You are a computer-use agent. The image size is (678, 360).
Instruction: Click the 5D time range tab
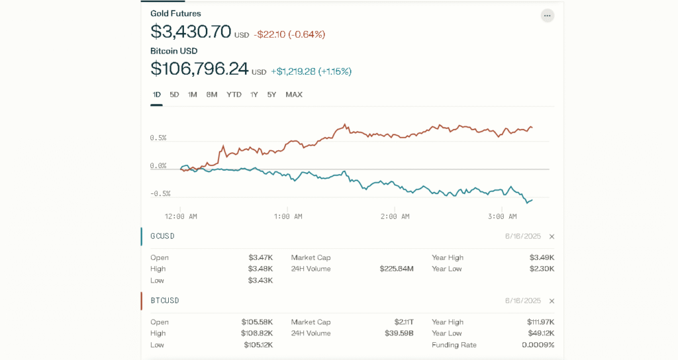pyautogui.click(x=174, y=95)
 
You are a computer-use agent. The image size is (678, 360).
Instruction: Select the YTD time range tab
pyautogui.click(x=234, y=95)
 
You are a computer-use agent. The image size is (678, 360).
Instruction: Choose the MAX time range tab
pyautogui.click(x=294, y=95)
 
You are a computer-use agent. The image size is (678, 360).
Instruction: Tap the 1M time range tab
pyautogui.click(x=193, y=95)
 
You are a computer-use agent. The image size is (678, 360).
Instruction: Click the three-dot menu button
pyautogui.click(x=547, y=15)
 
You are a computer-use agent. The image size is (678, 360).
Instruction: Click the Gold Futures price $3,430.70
pyautogui.click(x=191, y=32)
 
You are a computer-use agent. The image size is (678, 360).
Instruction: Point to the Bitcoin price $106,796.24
pyautogui.click(x=199, y=69)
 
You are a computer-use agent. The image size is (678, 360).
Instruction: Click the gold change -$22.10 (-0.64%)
pyautogui.click(x=289, y=34)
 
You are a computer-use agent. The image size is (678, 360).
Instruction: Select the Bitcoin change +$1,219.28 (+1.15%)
pyautogui.click(x=311, y=71)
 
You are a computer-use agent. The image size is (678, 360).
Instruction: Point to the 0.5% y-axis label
pyautogui.click(x=158, y=138)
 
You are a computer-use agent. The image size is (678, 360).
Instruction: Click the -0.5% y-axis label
pyautogui.click(x=160, y=194)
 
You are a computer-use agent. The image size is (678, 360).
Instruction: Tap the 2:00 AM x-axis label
pyautogui.click(x=395, y=216)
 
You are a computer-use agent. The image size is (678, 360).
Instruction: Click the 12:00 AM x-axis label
pyautogui.click(x=181, y=216)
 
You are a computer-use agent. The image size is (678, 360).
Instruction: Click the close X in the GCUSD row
pyautogui.click(x=552, y=236)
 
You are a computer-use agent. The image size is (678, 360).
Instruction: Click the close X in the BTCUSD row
pyautogui.click(x=552, y=301)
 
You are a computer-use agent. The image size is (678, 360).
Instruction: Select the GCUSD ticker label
pyautogui.click(x=162, y=236)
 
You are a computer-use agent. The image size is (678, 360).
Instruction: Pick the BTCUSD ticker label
pyautogui.click(x=165, y=301)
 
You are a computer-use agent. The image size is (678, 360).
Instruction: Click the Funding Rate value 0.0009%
pyautogui.click(x=538, y=345)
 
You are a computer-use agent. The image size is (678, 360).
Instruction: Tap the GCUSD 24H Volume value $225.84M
pyautogui.click(x=396, y=269)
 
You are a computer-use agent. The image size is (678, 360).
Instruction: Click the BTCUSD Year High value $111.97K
pyautogui.click(x=540, y=322)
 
